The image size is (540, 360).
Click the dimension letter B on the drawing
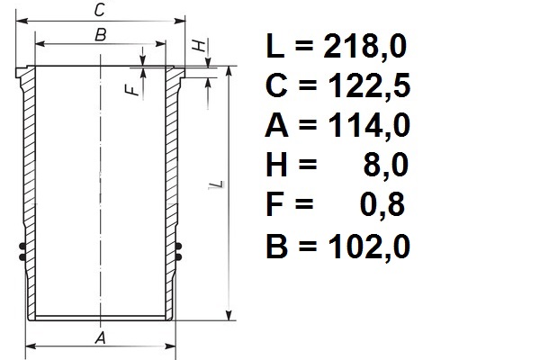101,35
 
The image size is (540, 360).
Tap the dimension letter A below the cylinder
101,338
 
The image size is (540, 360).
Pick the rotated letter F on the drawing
132,89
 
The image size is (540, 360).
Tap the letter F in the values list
277,206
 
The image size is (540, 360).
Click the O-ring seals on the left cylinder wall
21,250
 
